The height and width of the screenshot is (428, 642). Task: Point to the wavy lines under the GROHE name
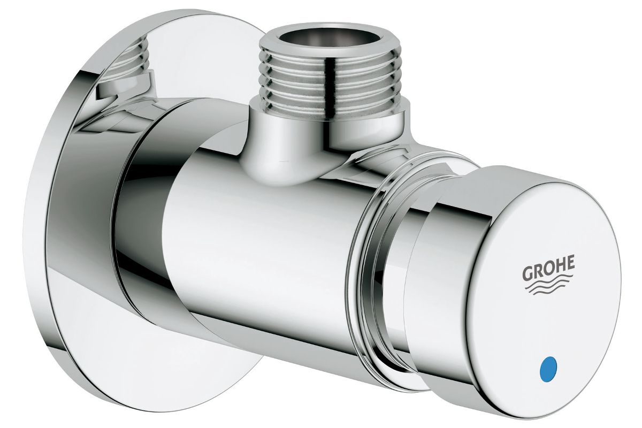click(x=549, y=285)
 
